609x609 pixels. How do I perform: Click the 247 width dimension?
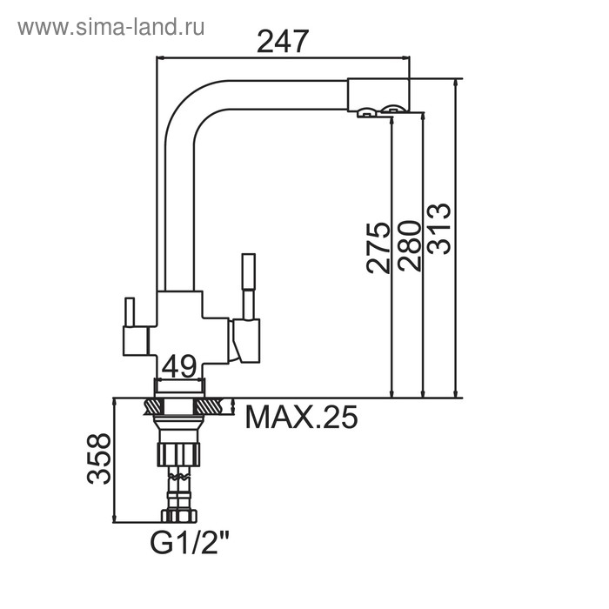point(283,41)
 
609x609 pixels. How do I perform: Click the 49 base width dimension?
point(178,366)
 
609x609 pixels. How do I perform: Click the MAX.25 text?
point(301,418)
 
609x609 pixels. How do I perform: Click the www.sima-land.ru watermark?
point(110,27)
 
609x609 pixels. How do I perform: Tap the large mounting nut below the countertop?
point(179,453)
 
